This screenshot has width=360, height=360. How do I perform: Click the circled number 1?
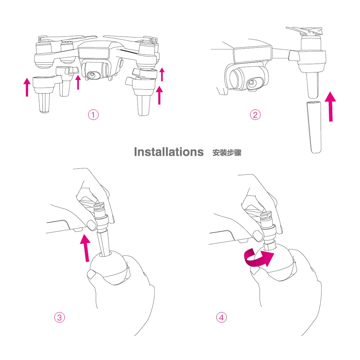pyautogui.click(x=93, y=115)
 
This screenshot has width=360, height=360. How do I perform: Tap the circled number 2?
pyautogui.click(x=255, y=115)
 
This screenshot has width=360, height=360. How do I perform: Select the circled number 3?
pyautogui.click(x=59, y=317)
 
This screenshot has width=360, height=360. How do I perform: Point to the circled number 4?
pyautogui.click(x=221, y=317)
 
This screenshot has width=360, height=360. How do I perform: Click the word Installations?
pyautogui.click(x=168, y=152)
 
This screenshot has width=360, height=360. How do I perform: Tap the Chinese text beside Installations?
pyautogui.click(x=227, y=153)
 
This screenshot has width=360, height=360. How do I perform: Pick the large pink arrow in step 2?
pyautogui.click(x=330, y=106)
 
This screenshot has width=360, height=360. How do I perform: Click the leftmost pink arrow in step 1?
pyautogui.click(x=27, y=88)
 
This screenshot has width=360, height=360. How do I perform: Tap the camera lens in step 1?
pyautogui.click(x=93, y=75)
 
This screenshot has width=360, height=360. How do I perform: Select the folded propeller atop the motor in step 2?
pyautogui.click(x=306, y=32)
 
